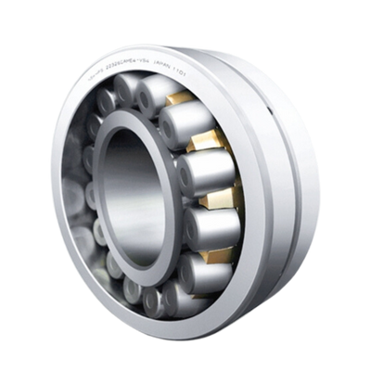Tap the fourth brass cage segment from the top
tap(213, 243)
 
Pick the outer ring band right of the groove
tap(301, 185)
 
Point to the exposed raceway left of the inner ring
tap(78, 185)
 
